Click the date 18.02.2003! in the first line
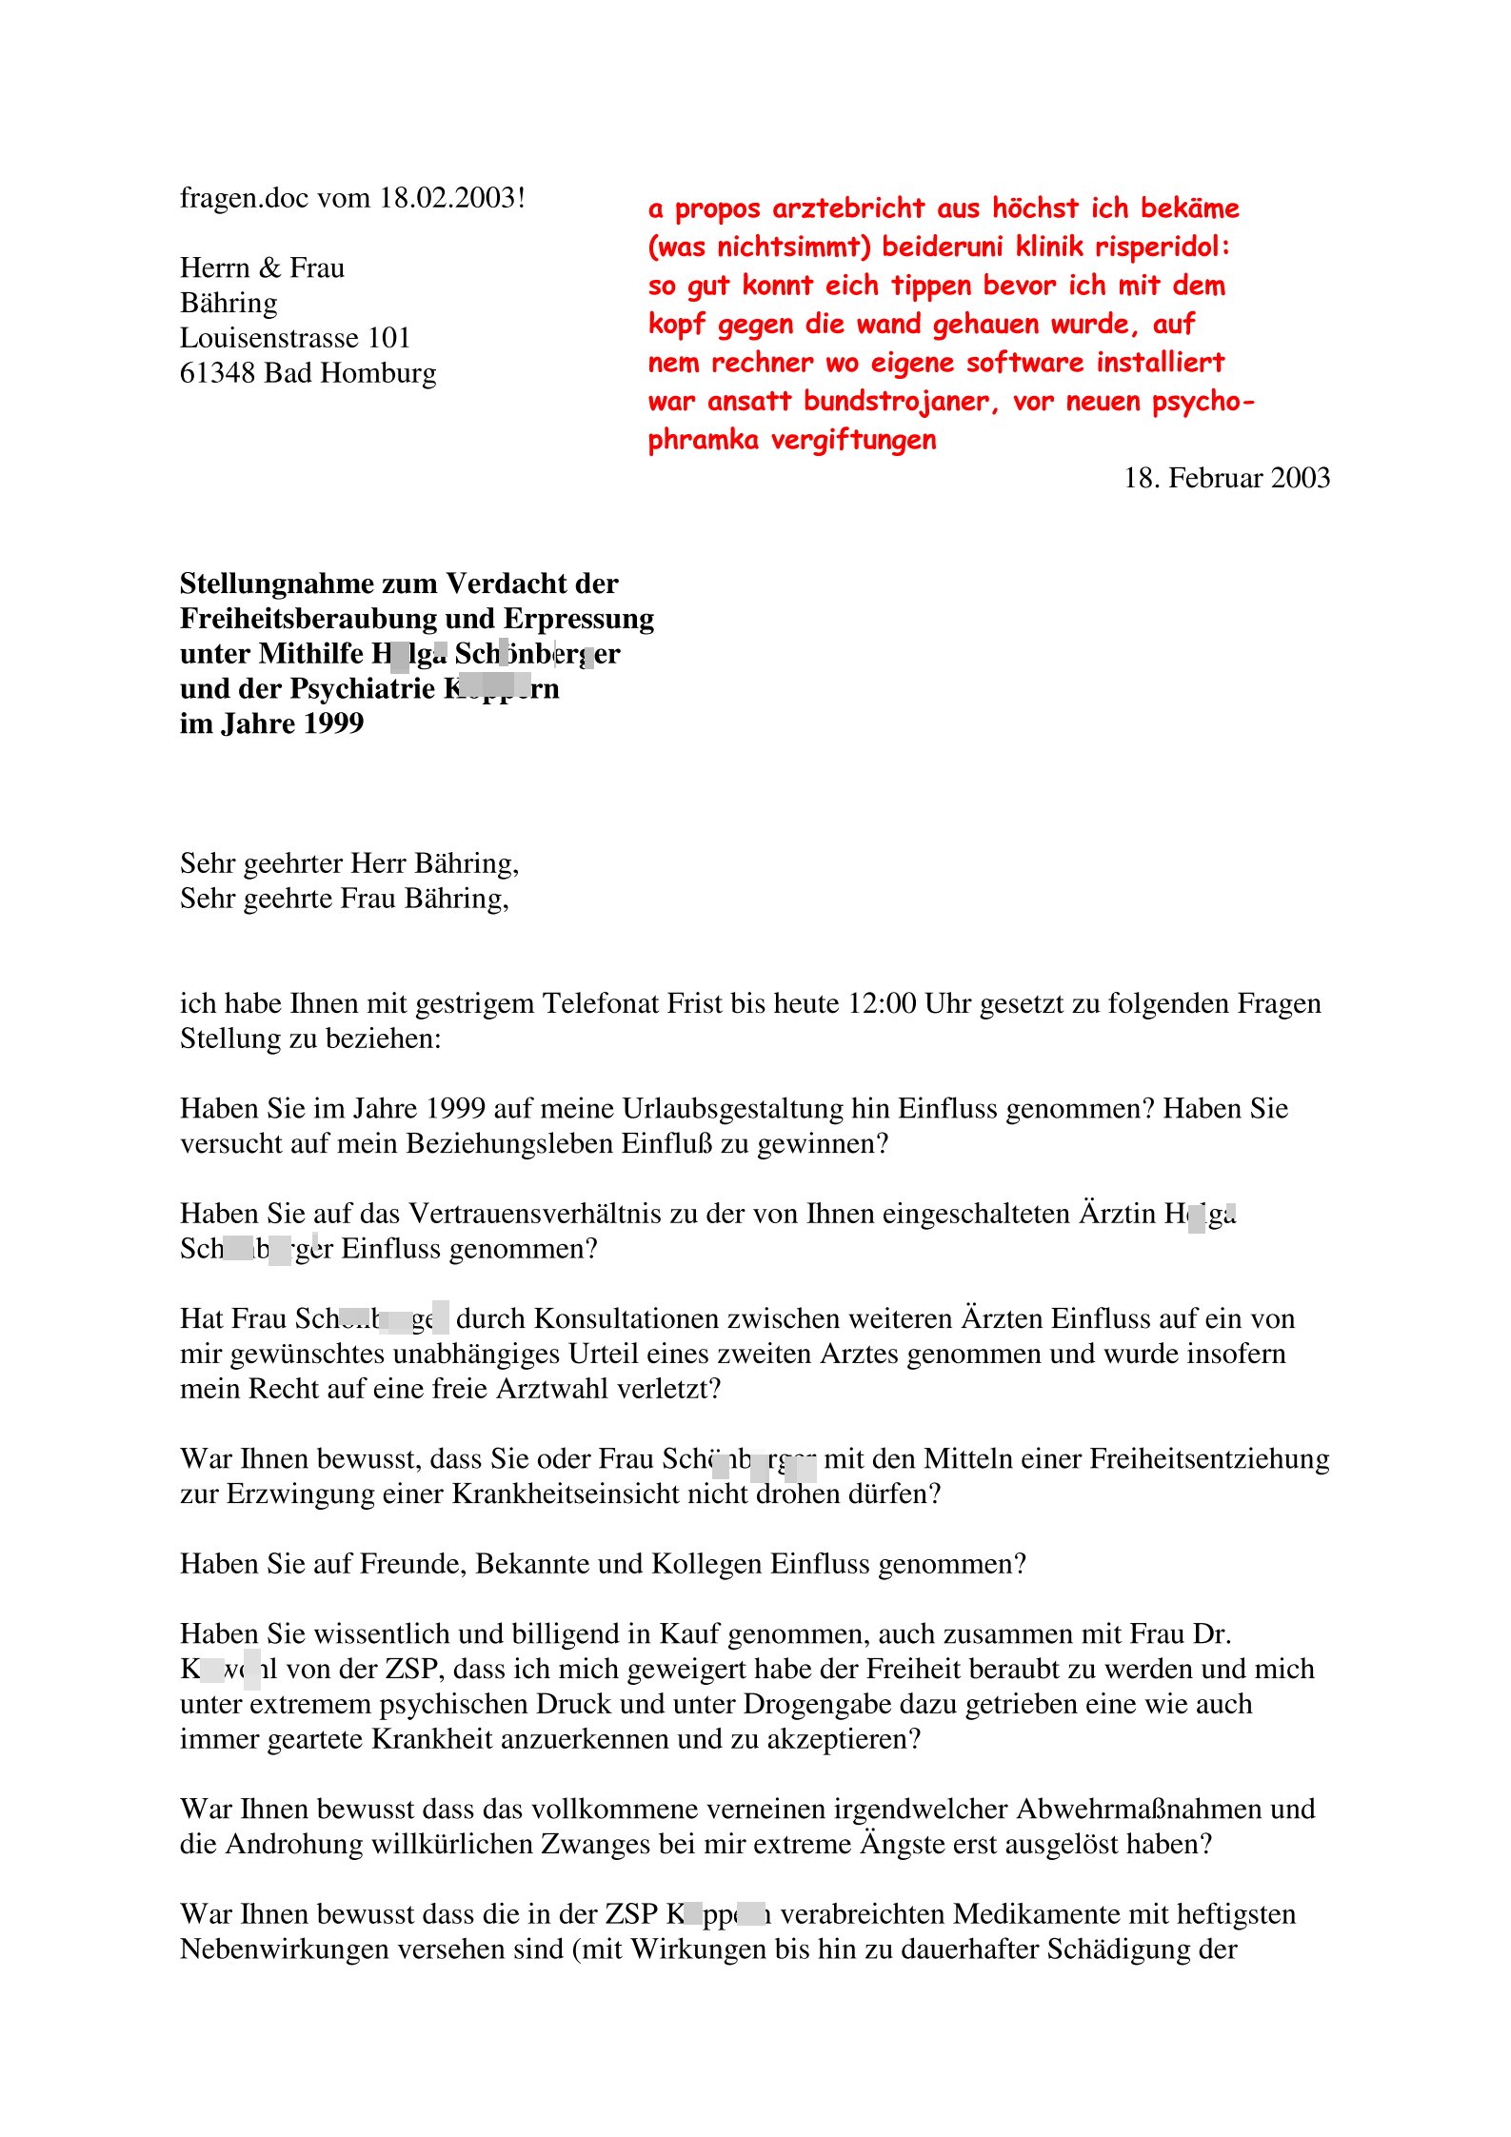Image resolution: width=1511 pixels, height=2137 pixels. click(x=452, y=198)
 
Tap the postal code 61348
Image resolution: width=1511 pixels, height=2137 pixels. click(x=218, y=373)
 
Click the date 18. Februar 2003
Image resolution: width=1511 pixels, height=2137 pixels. click(x=1226, y=478)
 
